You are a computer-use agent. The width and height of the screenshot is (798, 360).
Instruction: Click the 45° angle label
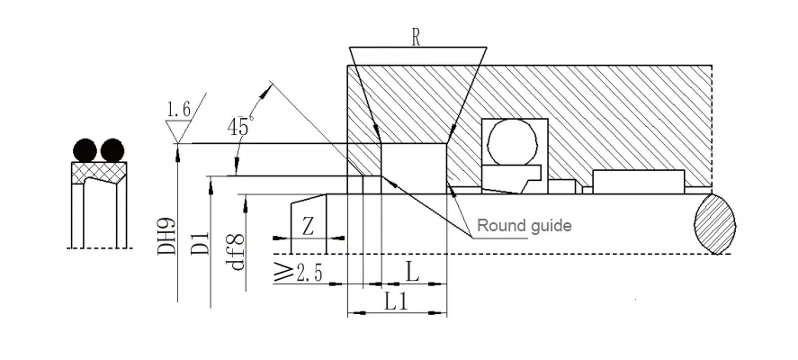coord(238,126)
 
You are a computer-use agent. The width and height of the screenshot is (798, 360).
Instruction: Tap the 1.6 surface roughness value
coord(178,110)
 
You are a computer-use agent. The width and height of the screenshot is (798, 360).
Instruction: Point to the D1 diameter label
coord(201,242)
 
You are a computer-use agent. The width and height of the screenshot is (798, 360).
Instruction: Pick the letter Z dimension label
coord(308,225)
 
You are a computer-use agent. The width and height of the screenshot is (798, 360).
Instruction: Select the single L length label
coord(411,270)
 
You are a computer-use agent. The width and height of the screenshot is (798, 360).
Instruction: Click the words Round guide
coord(524,225)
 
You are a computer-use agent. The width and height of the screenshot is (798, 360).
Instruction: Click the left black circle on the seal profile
coord(85,148)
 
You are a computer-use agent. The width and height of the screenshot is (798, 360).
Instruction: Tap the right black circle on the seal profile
coord(112,148)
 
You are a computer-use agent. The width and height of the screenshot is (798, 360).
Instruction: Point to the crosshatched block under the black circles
coord(99,171)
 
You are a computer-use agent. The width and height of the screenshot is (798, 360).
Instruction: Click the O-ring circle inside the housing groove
coord(514,141)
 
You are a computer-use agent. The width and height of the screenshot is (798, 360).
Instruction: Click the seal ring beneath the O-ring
coord(508,180)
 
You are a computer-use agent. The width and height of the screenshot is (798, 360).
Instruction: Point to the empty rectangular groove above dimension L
coord(413,167)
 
